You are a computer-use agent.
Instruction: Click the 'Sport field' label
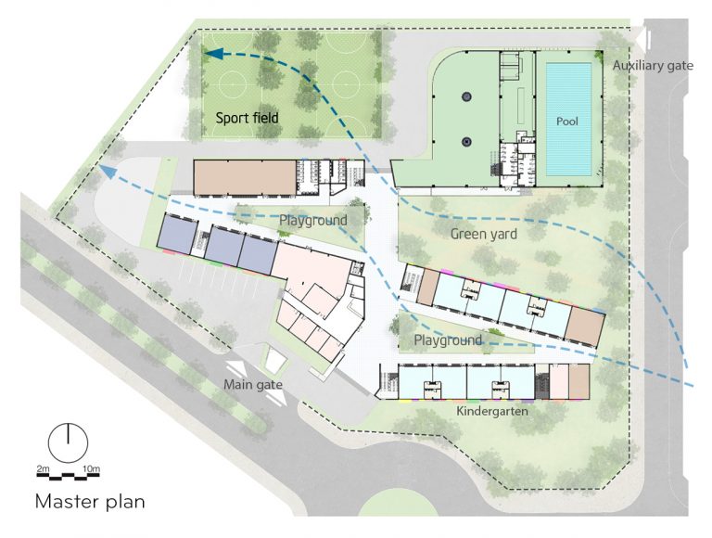click(247, 118)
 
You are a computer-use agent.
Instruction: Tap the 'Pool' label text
click(567, 122)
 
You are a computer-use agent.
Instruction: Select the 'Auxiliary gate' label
click(653, 66)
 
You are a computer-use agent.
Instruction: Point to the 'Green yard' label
click(484, 234)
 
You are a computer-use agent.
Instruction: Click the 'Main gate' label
click(253, 385)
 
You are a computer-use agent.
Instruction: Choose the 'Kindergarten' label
click(492, 411)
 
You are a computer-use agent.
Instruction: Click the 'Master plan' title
click(90, 502)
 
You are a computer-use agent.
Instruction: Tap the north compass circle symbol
click(68, 442)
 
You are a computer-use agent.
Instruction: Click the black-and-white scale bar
click(68, 475)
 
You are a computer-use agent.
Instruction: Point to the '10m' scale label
click(91, 468)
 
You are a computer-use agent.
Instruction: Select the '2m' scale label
click(43, 468)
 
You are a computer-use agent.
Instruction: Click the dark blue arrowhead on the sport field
click(213, 54)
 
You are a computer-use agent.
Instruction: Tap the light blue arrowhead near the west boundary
click(107, 172)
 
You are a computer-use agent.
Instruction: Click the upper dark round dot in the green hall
click(466, 96)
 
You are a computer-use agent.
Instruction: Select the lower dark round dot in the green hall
click(466, 142)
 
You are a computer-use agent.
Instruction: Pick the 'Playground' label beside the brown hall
click(312, 221)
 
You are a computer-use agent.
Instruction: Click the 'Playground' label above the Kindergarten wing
click(448, 339)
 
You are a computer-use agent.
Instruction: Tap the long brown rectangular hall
click(245, 177)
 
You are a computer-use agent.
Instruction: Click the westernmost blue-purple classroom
click(178, 234)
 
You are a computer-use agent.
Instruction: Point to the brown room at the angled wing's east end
click(585, 326)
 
